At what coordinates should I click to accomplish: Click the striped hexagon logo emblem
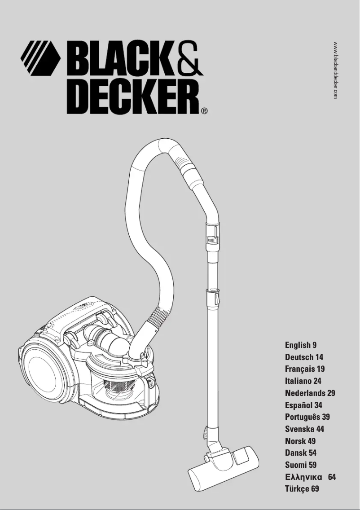tap(40, 58)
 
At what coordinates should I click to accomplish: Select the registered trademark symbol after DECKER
tap(204, 110)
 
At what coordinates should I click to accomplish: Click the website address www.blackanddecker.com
tap(336, 70)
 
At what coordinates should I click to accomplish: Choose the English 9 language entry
tap(301, 345)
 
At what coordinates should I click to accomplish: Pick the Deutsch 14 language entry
tap(304, 357)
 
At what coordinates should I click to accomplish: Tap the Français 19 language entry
tap(305, 369)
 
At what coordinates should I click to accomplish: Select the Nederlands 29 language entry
tap(310, 393)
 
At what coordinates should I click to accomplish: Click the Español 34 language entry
tap(303, 405)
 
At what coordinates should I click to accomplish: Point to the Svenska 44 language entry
tap(304, 429)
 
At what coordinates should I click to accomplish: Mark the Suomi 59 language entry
tap(301, 465)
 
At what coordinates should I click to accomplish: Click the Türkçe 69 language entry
tap(302, 488)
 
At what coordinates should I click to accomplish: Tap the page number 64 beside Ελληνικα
tap(332, 477)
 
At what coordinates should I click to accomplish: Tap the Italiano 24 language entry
tap(303, 381)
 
